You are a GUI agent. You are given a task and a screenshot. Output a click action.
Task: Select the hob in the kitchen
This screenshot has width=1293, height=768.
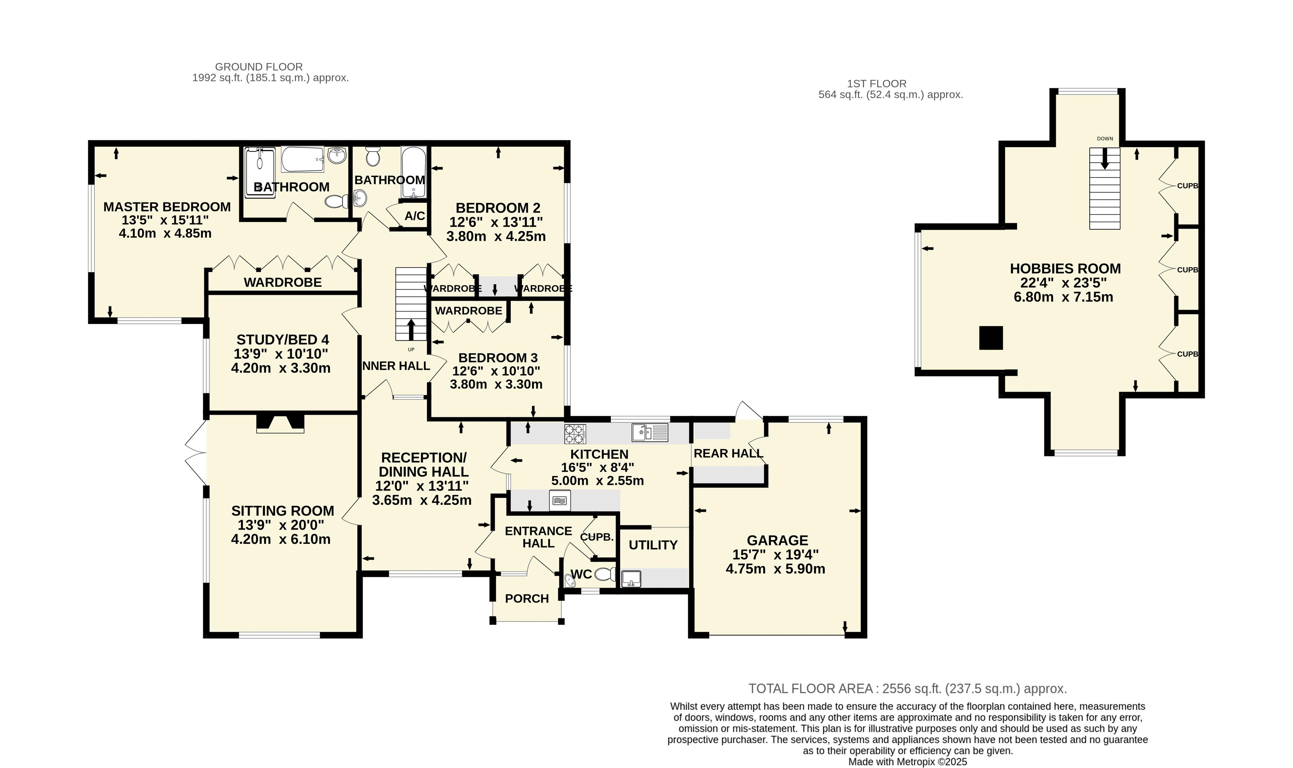pyautogui.click(x=575, y=434)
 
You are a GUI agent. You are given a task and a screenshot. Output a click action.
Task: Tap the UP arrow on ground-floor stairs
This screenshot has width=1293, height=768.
pyautogui.click(x=411, y=330)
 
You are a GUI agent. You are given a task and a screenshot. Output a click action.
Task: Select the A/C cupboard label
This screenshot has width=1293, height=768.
pyautogui.click(x=415, y=216)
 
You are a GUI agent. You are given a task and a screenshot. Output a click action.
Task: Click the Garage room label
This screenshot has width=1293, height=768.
pyautogui.click(x=777, y=540)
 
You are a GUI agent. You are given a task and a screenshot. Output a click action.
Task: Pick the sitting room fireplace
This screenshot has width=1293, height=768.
pyautogui.click(x=280, y=423)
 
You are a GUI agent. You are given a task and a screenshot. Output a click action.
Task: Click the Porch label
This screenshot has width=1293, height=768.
pyautogui.click(x=526, y=599)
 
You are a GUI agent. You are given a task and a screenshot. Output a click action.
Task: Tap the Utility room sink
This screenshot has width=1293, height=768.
pyautogui.click(x=631, y=579)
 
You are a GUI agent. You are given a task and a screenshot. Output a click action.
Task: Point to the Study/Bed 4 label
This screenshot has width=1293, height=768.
pyautogui.click(x=282, y=340)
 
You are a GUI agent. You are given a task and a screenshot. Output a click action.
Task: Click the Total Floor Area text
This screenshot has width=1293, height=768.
pyautogui.click(x=908, y=689)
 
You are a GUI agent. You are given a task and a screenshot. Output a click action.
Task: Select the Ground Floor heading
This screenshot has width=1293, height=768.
pyautogui.click(x=259, y=67)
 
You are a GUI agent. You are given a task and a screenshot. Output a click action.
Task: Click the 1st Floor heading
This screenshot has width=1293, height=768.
pyautogui.click(x=877, y=83)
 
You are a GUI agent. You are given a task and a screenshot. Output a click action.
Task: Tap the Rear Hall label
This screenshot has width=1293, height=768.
pyautogui.click(x=728, y=454)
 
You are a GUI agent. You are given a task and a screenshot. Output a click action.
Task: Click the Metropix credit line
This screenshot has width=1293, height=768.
pyautogui.click(x=908, y=762)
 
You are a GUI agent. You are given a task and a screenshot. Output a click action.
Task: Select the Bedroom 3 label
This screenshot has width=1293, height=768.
pyautogui.click(x=498, y=358)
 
